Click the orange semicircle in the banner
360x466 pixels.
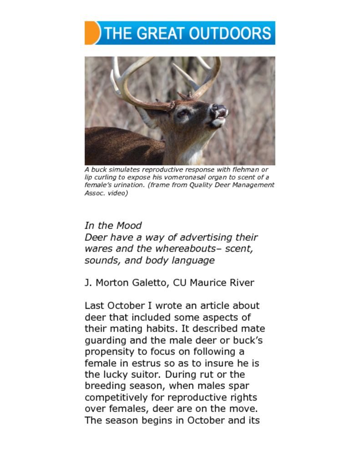click(91, 33)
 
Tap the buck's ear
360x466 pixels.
click(147, 117)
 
